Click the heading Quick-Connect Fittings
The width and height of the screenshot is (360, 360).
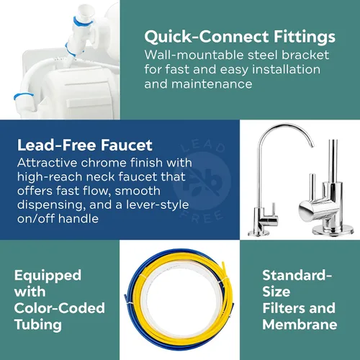point(240,37)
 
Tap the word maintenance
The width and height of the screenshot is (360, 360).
point(212,84)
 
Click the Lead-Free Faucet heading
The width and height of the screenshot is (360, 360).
point(85,145)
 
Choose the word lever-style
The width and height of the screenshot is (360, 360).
point(158,204)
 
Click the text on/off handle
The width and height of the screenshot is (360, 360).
point(58,219)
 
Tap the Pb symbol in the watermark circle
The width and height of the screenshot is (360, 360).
point(203,181)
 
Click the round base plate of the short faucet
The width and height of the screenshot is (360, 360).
point(333,230)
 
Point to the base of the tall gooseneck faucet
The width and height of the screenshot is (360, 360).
point(258,232)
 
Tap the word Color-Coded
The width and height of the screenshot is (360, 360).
point(60,308)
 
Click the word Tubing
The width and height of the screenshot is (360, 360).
point(38,325)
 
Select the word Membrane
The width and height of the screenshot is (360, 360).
point(300,325)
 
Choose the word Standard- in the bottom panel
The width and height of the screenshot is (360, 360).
point(297,275)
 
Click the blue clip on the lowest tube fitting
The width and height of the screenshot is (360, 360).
point(23,96)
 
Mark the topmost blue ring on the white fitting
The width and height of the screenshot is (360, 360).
point(83,22)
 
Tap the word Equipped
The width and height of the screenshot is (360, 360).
point(48,276)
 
